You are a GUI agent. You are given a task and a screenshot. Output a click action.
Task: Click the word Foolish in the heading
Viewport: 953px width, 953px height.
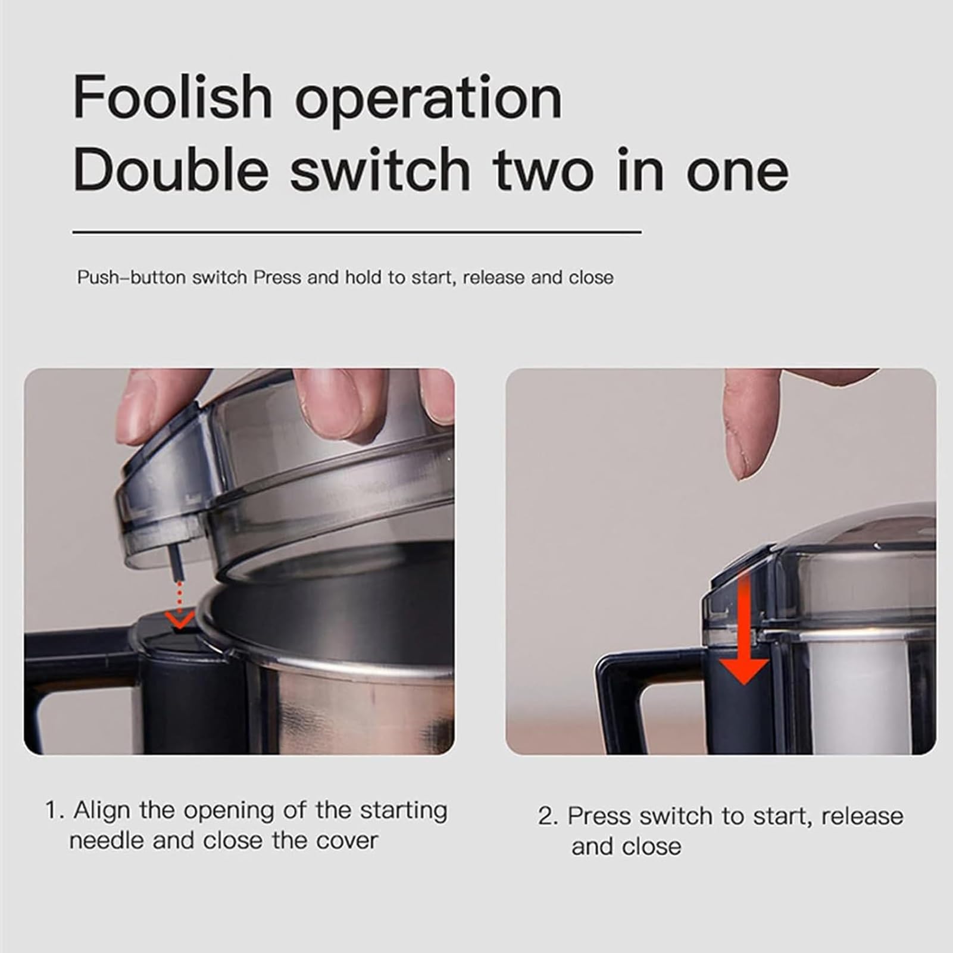click(173, 96)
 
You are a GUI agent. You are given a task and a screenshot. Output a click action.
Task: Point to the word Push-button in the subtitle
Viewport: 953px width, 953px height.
click(132, 278)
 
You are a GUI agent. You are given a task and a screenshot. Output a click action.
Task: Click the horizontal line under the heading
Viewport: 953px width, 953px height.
click(357, 232)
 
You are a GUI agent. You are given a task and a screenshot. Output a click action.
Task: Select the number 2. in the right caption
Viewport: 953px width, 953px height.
click(548, 817)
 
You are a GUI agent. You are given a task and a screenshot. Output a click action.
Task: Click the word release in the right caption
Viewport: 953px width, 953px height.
click(863, 816)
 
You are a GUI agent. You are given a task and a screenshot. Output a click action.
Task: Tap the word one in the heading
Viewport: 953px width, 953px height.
click(738, 173)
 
